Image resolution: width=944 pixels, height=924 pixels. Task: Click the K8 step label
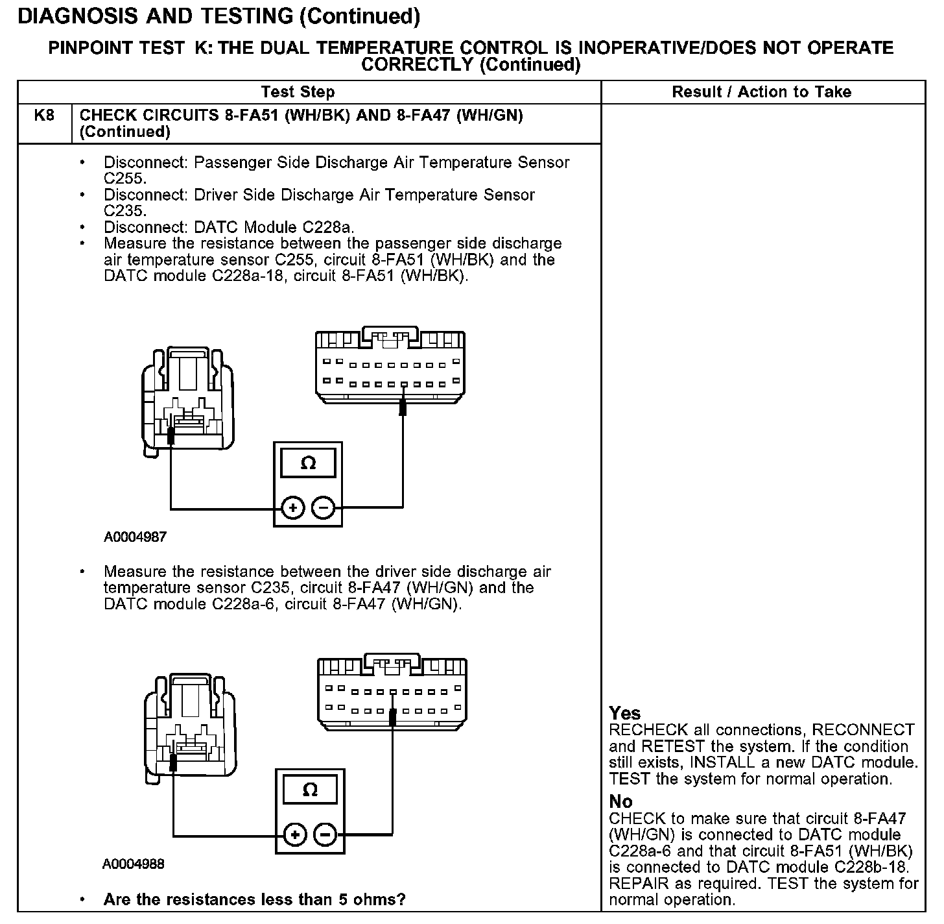click(x=44, y=115)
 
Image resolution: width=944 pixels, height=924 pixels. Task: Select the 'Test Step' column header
click(x=298, y=92)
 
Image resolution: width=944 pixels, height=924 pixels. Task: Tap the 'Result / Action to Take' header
click(x=761, y=92)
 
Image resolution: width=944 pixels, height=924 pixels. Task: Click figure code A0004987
click(x=135, y=537)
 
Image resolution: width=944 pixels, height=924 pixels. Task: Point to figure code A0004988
click(x=134, y=864)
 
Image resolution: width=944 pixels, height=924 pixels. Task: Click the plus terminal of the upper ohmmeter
click(x=293, y=507)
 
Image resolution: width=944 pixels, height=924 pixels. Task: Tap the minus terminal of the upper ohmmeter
click(x=324, y=507)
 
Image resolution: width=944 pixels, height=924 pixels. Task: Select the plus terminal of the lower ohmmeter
click(x=295, y=834)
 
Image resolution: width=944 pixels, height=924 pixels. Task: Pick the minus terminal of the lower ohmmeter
click(x=326, y=834)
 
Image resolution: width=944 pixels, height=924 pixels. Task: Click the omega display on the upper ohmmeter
click(x=309, y=463)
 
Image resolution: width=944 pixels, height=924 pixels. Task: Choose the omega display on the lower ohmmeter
click(x=311, y=790)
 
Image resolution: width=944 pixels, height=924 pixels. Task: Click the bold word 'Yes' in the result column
click(x=625, y=714)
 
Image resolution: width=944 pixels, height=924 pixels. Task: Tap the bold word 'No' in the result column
click(x=620, y=802)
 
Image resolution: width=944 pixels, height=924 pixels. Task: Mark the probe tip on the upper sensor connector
click(x=171, y=436)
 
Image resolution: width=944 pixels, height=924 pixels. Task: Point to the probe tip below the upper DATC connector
click(x=403, y=407)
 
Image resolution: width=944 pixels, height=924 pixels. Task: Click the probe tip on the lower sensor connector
click(x=173, y=762)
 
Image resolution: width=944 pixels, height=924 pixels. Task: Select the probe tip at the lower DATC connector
click(x=392, y=718)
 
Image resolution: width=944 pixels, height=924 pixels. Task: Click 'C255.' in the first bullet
click(x=125, y=178)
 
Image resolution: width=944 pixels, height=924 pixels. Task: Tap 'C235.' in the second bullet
click(x=125, y=211)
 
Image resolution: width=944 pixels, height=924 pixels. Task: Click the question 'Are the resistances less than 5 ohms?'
click(x=254, y=900)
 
